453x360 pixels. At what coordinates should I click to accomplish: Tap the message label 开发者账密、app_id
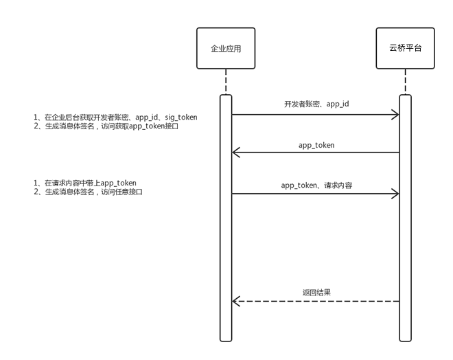click(x=316, y=104)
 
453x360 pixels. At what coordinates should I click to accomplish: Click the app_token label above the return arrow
click(x=316, y=145)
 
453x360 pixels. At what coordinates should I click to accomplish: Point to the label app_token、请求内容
click(x=316, y=185)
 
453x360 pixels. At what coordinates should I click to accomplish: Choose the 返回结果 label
click(x=316, y=293)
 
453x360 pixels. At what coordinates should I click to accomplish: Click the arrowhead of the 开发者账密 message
click(x=395, y=115)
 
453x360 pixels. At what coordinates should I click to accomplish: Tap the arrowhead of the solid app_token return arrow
click(x=235, y=153)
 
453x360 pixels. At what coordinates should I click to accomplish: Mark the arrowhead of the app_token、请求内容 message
click(x=395, y=194)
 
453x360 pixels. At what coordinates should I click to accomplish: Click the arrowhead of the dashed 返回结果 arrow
click(x=235, y=302)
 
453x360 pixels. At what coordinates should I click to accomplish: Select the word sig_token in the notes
click(x=181, y=117)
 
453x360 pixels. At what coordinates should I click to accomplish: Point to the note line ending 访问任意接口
click(x=88, y=192)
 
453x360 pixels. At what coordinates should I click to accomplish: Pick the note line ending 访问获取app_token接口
click(x=106, y=126)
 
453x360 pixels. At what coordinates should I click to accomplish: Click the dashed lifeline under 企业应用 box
click(x=226, y=82)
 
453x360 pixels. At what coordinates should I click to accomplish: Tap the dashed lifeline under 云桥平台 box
click(x=405, y=82)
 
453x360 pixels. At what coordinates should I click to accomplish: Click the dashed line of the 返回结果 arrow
click(x=316, y=302)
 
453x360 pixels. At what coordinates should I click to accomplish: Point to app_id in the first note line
click(x=146, y=117)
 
